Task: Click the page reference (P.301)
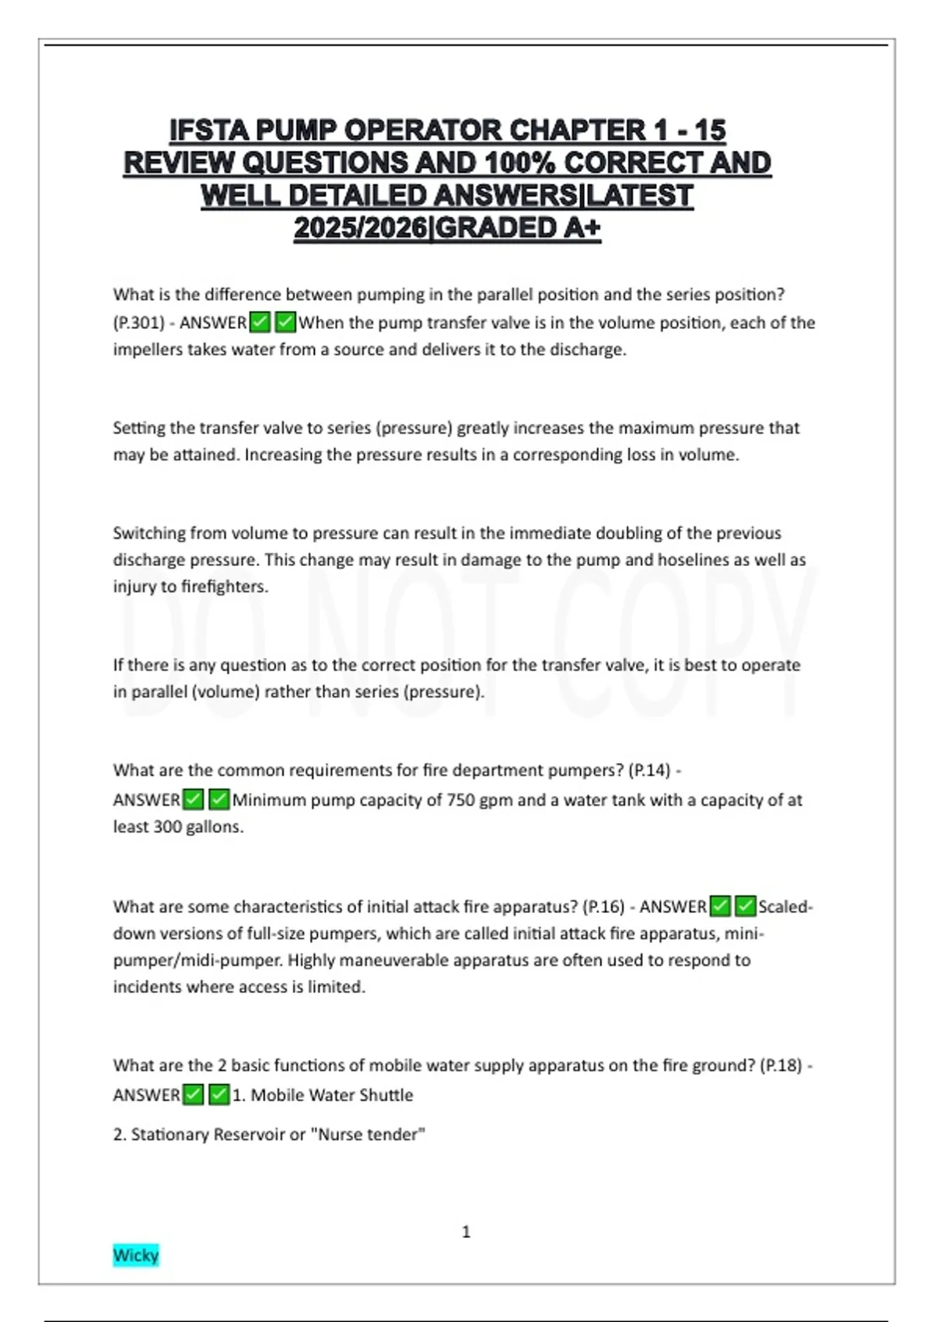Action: (139, 323)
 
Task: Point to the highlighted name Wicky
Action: (135, 1254)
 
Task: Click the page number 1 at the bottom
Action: (466, 1232)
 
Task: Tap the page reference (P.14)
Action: (649, 770)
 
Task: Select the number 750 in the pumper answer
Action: (460, 800)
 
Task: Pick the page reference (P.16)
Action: (603, 907)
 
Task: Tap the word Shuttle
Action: (386, 1095)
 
